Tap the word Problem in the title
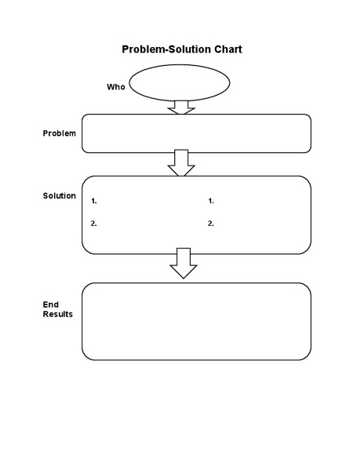tap(142, 49)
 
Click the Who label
tap(115, 86)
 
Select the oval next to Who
tap(180, 82)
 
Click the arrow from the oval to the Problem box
tap(181, 108)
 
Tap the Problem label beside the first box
tap(59, 133)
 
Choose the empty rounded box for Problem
tap(196, 133)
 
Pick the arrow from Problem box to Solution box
tap(182, 163)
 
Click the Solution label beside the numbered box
tap(59, 195)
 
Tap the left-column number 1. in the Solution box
tap(94, 201)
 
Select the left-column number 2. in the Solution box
tap(94, 224)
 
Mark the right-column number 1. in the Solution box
tap(211, 201)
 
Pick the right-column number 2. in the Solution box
tap(211, 224)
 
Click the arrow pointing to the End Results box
tap(184, 264)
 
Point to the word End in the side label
tap(49, 304)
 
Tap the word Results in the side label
tap(58, 314)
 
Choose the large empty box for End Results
tap(196, 321)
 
